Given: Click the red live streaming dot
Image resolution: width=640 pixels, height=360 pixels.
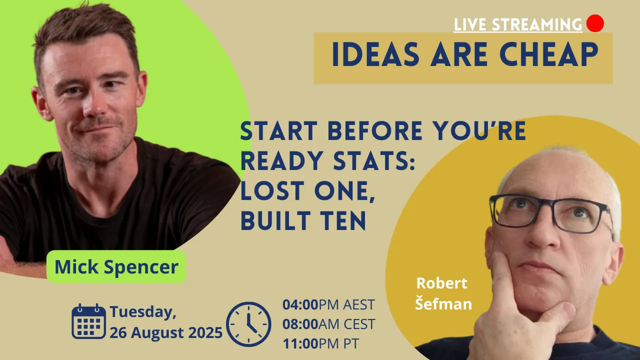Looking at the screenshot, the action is tap(595, 23).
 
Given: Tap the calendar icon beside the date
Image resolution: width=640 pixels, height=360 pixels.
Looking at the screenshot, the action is tap(88, 321).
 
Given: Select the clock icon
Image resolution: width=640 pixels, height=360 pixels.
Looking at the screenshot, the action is tap(248, 324).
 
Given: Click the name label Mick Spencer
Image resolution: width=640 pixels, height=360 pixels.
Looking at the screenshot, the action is tap(116, 266).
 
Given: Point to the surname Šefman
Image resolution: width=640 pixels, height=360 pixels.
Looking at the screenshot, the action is tap(443, 303).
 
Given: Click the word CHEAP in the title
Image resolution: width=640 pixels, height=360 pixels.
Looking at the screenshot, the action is tap(549, 54).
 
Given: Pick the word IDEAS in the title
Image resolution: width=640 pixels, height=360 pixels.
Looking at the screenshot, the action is tap(375, 54).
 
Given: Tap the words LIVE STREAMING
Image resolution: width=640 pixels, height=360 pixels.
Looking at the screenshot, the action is tap(518, 24).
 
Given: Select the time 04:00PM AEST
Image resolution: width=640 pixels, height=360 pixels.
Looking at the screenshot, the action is tap(328, 304).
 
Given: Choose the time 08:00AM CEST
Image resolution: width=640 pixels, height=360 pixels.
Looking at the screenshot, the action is tap(328, 324).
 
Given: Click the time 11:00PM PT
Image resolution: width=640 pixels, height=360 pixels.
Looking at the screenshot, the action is tap(320, 343).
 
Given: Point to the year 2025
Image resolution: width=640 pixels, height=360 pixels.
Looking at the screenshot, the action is tap(205, 332).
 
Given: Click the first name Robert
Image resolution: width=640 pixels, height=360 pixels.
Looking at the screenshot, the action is tap(441, 283).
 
